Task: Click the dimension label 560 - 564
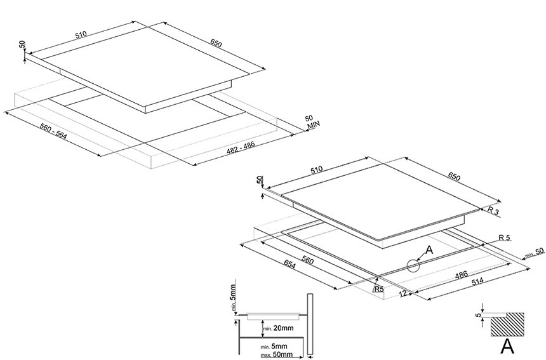point(53,131)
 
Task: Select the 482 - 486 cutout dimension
point(241,147)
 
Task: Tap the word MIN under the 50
point(313,124)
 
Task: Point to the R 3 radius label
point(493,210)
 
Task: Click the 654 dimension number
point(290,265)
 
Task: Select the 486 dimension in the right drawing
point(462,275)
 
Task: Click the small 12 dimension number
point(403,293)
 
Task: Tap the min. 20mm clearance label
point(278,328)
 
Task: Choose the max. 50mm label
point(277,355)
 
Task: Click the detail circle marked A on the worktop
point(413,265)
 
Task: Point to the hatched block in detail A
point(507,324)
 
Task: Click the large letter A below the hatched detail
point(507,346)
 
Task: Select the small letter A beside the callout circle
point(429,250)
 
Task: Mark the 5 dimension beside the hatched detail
point(479,315)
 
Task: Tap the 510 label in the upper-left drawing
point(81,34)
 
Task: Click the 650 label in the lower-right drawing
point(455,177)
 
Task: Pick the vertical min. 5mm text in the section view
point(233,297)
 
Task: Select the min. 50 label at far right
point(535,253)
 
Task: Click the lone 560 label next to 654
point(307,260)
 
